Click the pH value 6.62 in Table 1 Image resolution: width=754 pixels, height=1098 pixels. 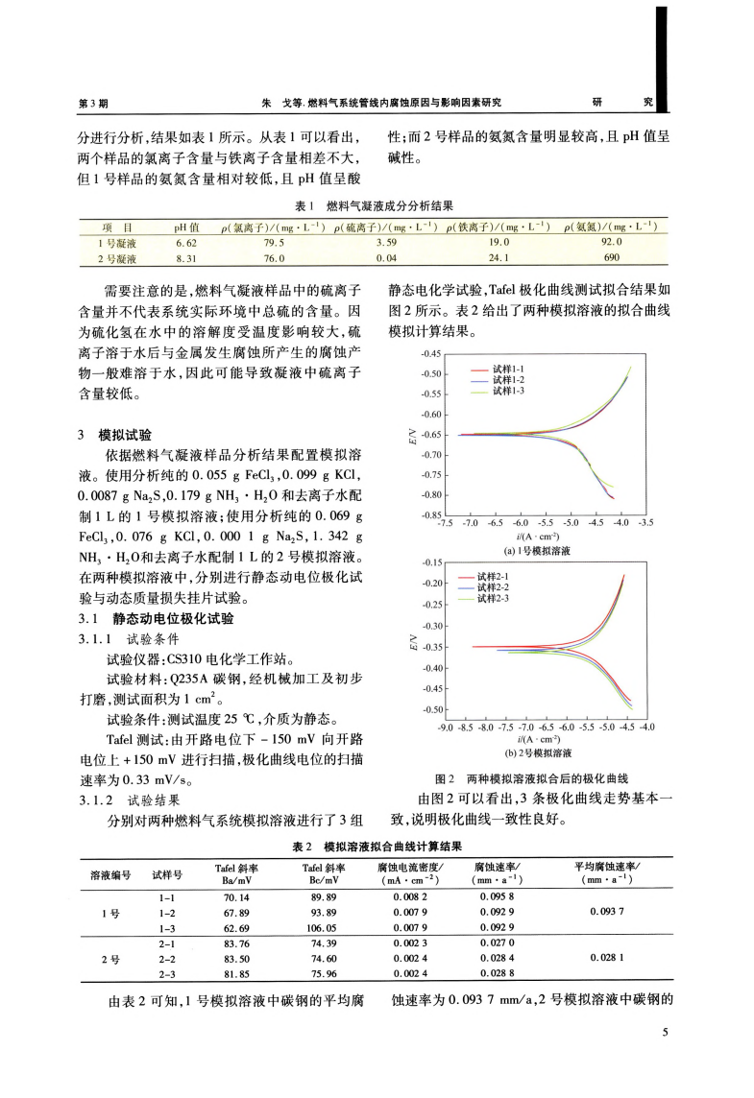click(186, 243)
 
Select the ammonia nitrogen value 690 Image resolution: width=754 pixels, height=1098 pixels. click(611, 259)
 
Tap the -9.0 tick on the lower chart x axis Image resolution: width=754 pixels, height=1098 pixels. click(446, 728)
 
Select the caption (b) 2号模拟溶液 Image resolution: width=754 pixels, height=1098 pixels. click(538, 753)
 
